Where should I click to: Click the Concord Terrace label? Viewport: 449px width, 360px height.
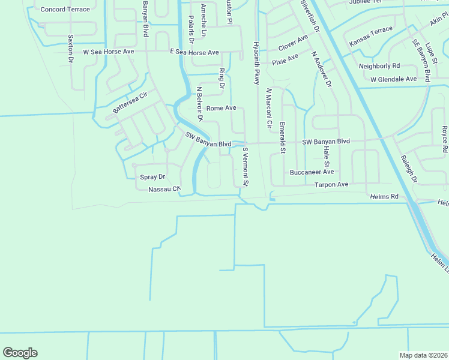[x=65, y=10]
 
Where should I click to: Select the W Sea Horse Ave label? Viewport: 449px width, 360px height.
[x=109, y=52]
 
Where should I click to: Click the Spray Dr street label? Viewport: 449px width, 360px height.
[x=152, y=177]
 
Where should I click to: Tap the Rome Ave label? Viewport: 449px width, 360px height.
[x=221, y=108]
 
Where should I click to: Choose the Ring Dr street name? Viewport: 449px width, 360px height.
[x=221, y=79]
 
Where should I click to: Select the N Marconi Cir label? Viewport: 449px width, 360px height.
[x=269, y=110]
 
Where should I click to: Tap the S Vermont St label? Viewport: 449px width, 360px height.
[x=245, y=167]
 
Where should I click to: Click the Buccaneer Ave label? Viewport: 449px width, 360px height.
[x=312, y=172]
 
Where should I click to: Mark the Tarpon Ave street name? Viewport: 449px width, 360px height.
[x=331, y=185]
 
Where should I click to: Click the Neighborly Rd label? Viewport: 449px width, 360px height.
[x=379, y=66]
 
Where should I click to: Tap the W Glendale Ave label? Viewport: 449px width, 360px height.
[x=393, y=79]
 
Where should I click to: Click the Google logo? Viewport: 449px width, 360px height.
[x=20, y=353]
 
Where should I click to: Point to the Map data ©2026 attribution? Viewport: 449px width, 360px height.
[x=423, y=355]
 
